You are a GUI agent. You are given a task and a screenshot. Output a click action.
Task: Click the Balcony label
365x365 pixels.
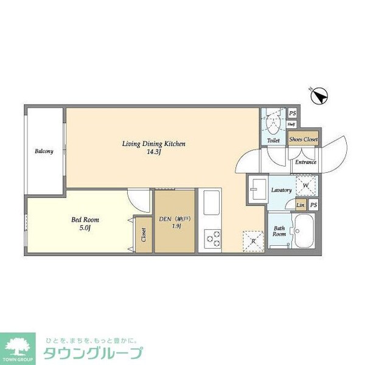click(x=44, y=151)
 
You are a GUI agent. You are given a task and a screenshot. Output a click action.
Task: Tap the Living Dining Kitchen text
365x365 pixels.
click(x=153, y=144)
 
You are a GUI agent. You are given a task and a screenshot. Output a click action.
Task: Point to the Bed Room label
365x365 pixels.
click(x=86, y=220)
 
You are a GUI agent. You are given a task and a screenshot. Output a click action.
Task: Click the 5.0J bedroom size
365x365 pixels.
click(x=86, y=228)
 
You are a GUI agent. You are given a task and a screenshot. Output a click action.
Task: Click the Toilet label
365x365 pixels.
click(x=273, y=141)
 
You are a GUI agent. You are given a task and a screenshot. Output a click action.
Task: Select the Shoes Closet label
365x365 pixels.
click(x=304, y=140)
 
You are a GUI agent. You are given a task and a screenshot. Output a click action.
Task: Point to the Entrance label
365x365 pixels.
click(x=305, y=162)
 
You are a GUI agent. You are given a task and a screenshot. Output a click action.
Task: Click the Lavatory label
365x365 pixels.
click(x=282, y=190)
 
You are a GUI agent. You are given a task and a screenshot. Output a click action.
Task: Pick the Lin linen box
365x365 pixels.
click(x=301, y=205)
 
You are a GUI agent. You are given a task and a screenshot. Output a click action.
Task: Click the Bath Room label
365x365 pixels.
click(x=279, y=231)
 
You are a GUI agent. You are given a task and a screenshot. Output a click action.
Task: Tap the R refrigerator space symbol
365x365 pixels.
click(x=253, y=241)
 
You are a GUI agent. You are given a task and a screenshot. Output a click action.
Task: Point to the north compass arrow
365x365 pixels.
click(x=322, y=95)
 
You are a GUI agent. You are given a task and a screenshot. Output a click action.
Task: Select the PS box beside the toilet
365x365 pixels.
click(x=293, y=113)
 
